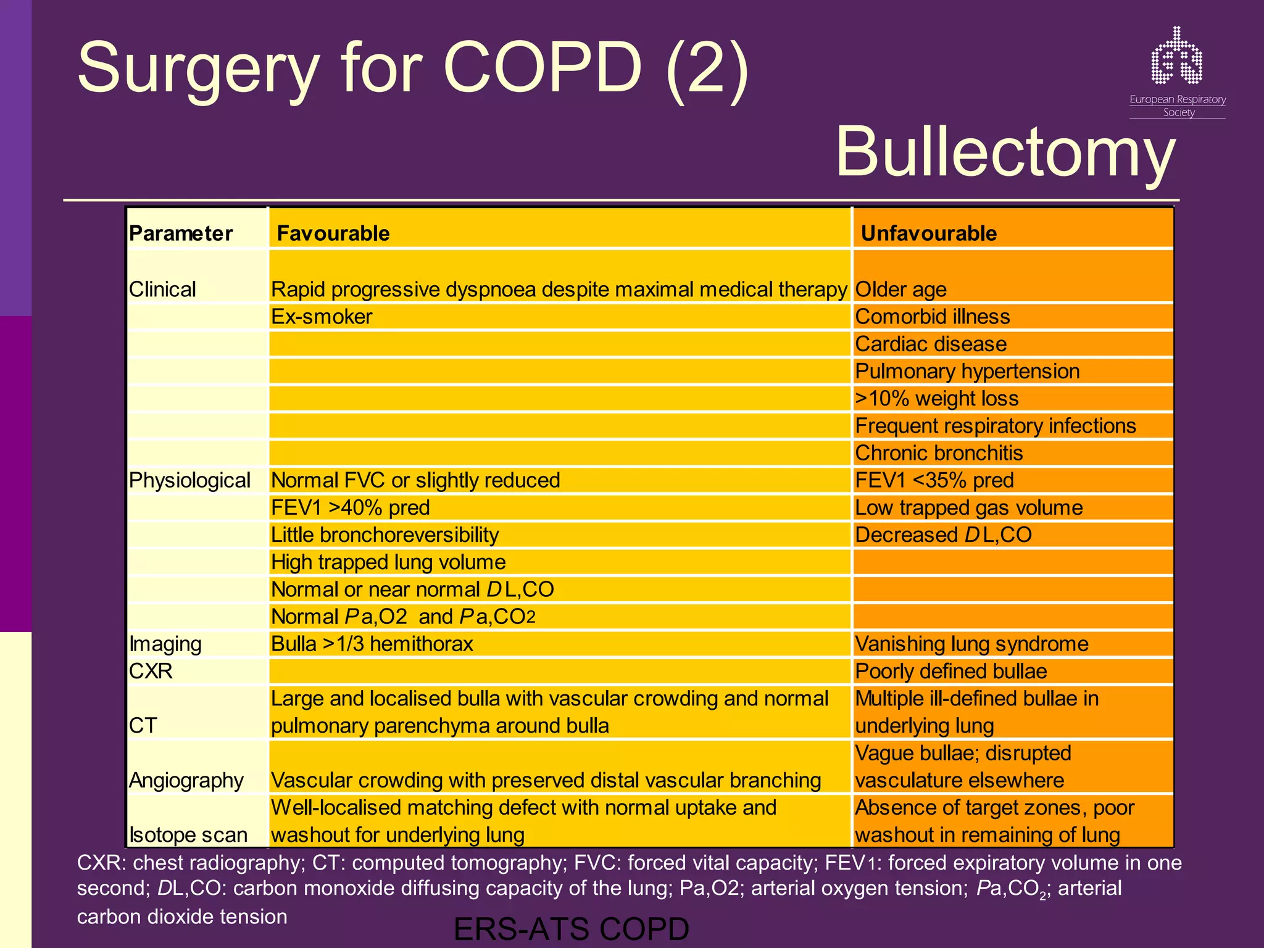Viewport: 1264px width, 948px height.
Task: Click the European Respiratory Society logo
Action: click(x=1177, y=71)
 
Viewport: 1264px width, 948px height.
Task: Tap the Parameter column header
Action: click(x=181, y=233)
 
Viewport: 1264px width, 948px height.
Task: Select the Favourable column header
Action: click(x=333, y=233)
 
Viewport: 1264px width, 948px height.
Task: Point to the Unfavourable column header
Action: click(x=928, y=233)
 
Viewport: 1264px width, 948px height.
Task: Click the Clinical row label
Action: click(x=162, y=289)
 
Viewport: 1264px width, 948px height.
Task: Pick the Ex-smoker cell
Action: click(x=322, y=317)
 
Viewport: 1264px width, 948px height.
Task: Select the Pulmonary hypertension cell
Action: click(x=967, y=371)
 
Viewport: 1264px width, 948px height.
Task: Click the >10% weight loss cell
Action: click(x=936, y=399)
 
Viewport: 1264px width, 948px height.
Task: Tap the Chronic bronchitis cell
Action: click(x=939, y=453)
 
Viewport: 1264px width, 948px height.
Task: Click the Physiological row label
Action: click(x=189, y=480)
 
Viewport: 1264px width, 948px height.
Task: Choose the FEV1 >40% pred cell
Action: click(x=350, y=507)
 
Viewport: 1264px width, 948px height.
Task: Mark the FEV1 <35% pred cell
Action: click(x=934, y=480)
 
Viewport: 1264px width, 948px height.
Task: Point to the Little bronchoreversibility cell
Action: click(x=385, y=534)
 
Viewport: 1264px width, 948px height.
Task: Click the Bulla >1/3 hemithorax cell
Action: click(x=372, y=644)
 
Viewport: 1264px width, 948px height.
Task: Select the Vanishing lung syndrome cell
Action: click(x=971, y=644)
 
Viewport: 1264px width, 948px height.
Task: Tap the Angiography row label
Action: click(x=186, y=780)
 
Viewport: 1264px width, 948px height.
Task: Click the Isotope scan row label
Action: click(x=188, y=834)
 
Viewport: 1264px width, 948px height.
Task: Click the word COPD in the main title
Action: click(x=543, y=68)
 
